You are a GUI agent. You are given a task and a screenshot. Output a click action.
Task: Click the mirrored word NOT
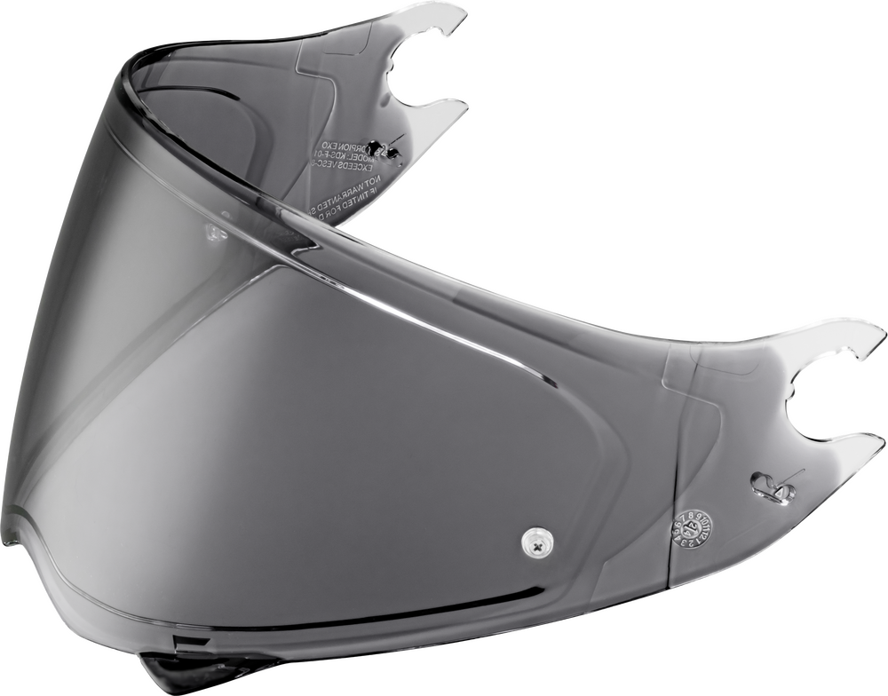point(374,180)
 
